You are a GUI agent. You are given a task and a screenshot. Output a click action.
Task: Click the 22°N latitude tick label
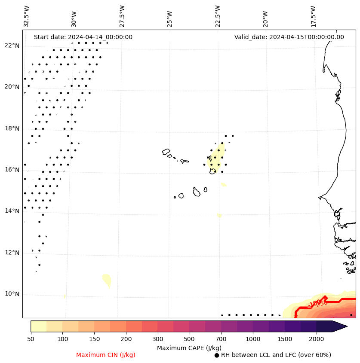(x=12, y=46)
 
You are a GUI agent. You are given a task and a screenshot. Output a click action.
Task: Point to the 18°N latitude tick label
(x=12, y=128)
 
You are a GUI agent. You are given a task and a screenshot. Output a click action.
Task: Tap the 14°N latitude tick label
(x=12, y=211)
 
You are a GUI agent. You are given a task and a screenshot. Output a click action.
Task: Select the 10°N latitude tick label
(x=12, y=294)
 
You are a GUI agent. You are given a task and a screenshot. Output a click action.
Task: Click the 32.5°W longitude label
(x=27, y=16)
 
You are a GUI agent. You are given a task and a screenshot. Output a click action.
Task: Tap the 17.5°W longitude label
(x=313, y=16)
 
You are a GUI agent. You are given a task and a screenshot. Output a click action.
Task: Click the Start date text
(x=83, y=37)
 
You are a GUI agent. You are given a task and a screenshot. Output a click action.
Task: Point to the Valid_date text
(x=289, y=37)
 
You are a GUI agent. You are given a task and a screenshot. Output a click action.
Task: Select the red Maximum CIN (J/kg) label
(x=105, y=355)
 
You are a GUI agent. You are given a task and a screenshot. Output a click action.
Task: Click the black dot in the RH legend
(x=217, y=355)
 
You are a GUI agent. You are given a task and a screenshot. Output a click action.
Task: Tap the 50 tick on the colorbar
(x=31, y=339)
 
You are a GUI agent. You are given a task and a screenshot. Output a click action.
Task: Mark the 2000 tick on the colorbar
(x=317, y=339)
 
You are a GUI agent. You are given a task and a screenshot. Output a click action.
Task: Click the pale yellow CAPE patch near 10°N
(x=107, y=280)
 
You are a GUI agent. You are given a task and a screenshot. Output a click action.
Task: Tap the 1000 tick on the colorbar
(x=253, y=339)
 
